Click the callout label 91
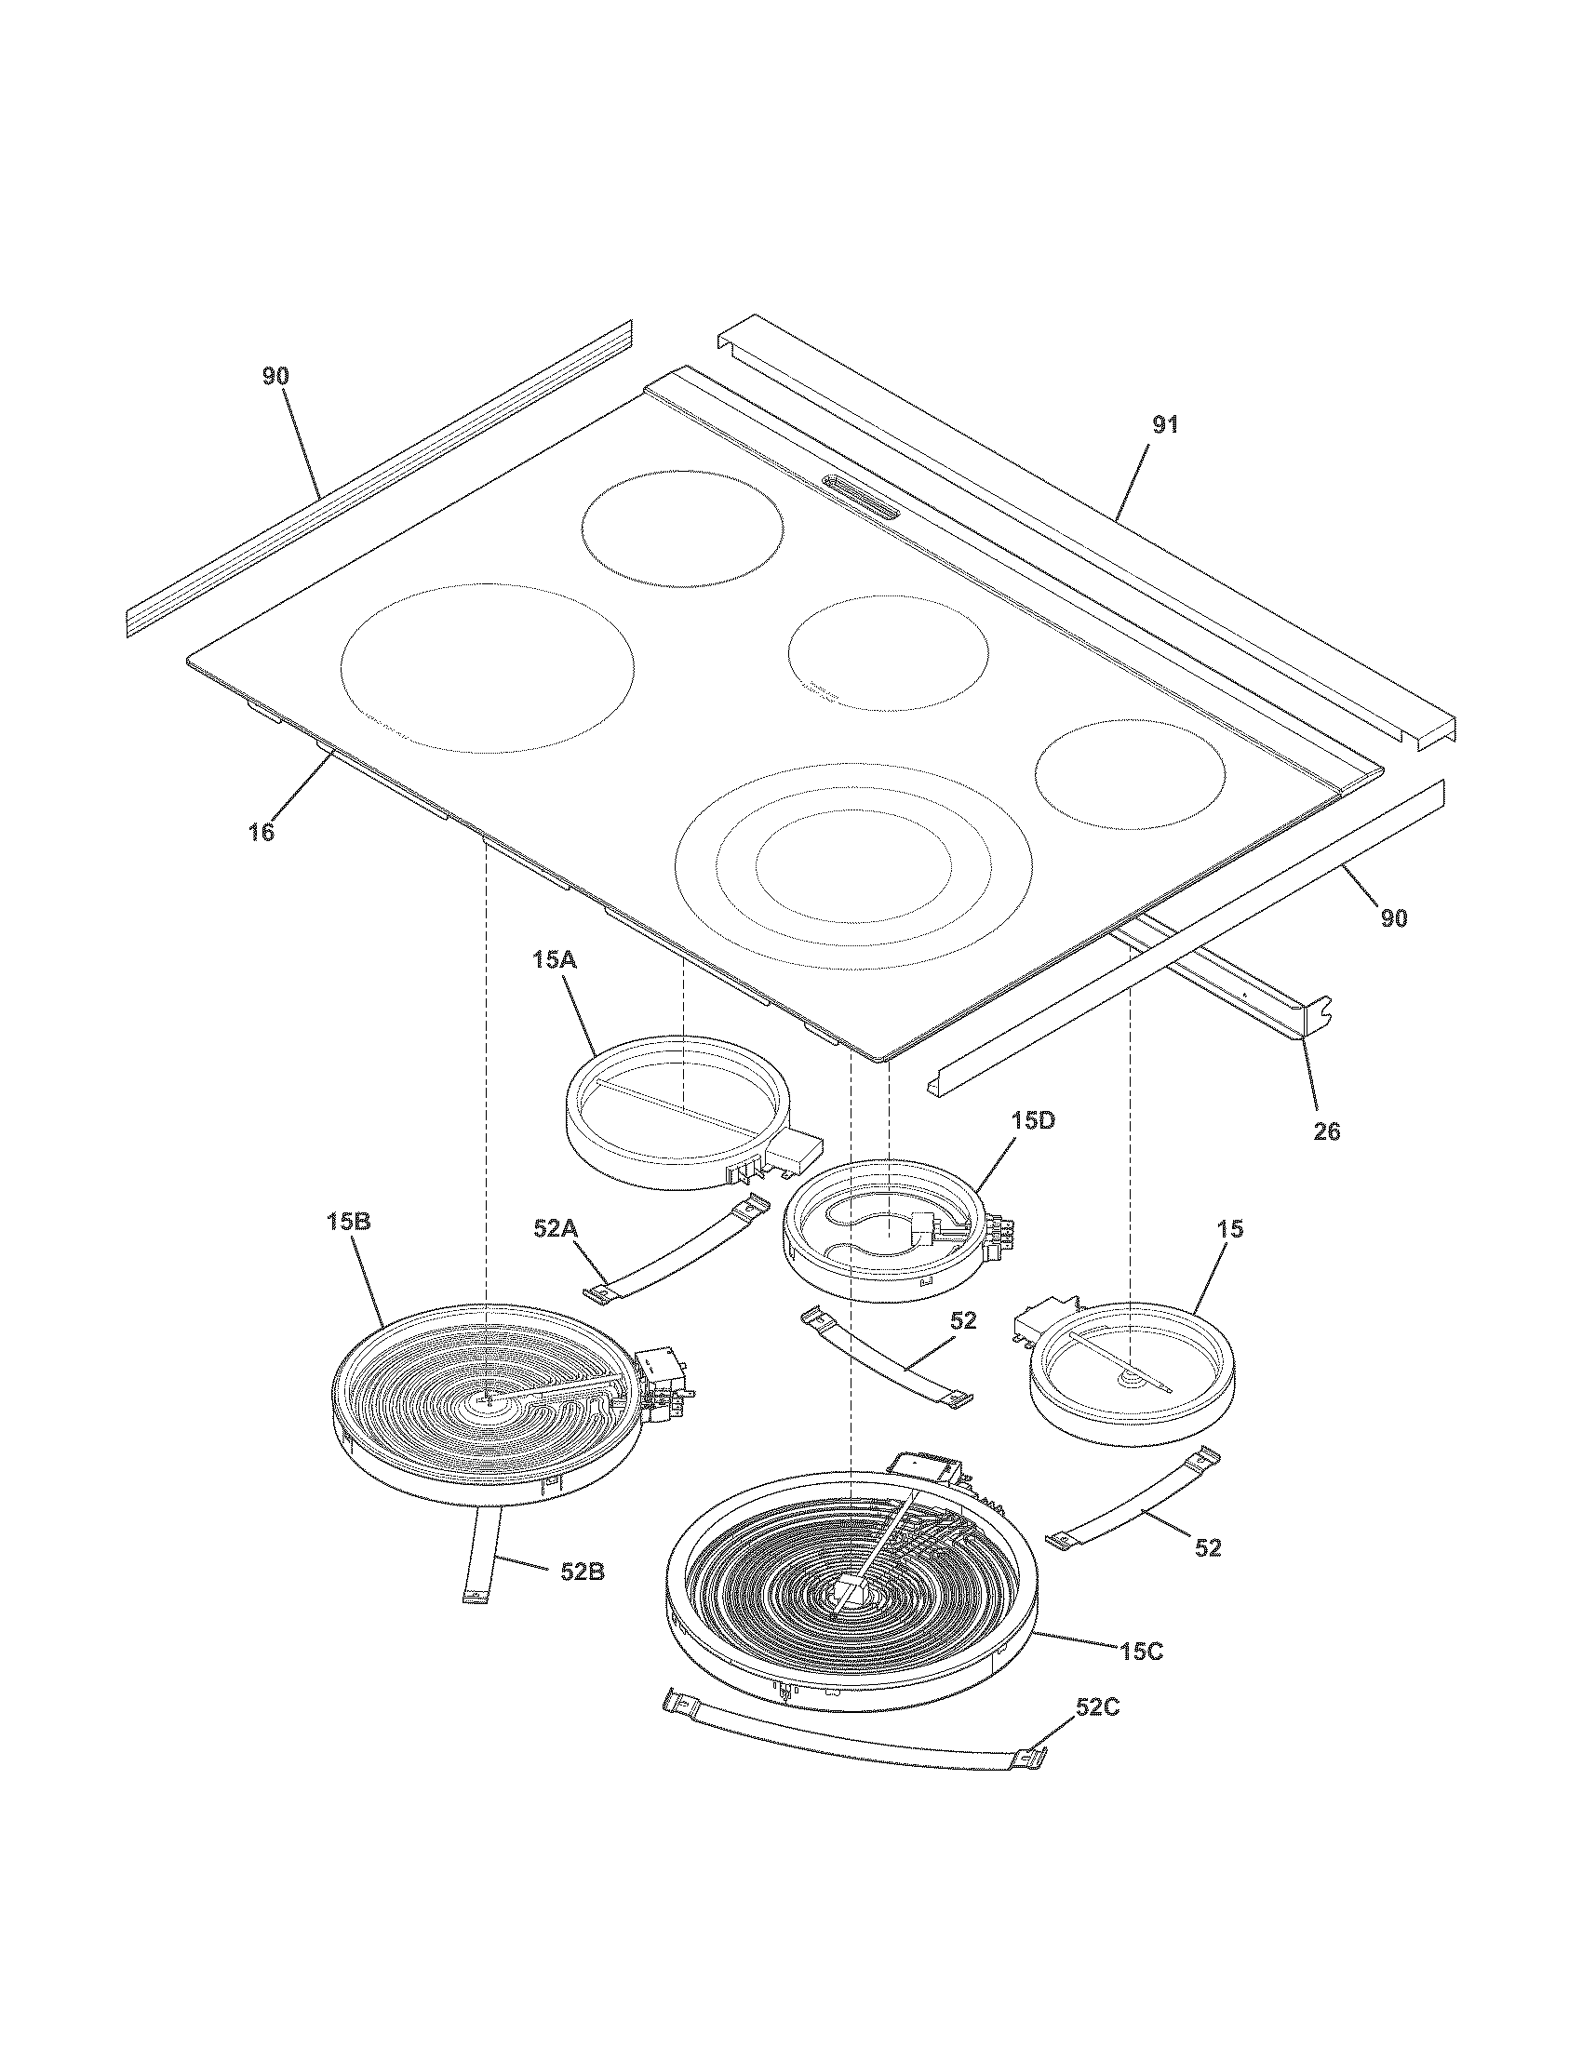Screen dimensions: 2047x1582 click(1164, 425)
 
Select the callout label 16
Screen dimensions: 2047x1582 click(262, 833)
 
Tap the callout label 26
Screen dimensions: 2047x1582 click(1327, 1132)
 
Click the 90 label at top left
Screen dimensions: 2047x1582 click(275, 376)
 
